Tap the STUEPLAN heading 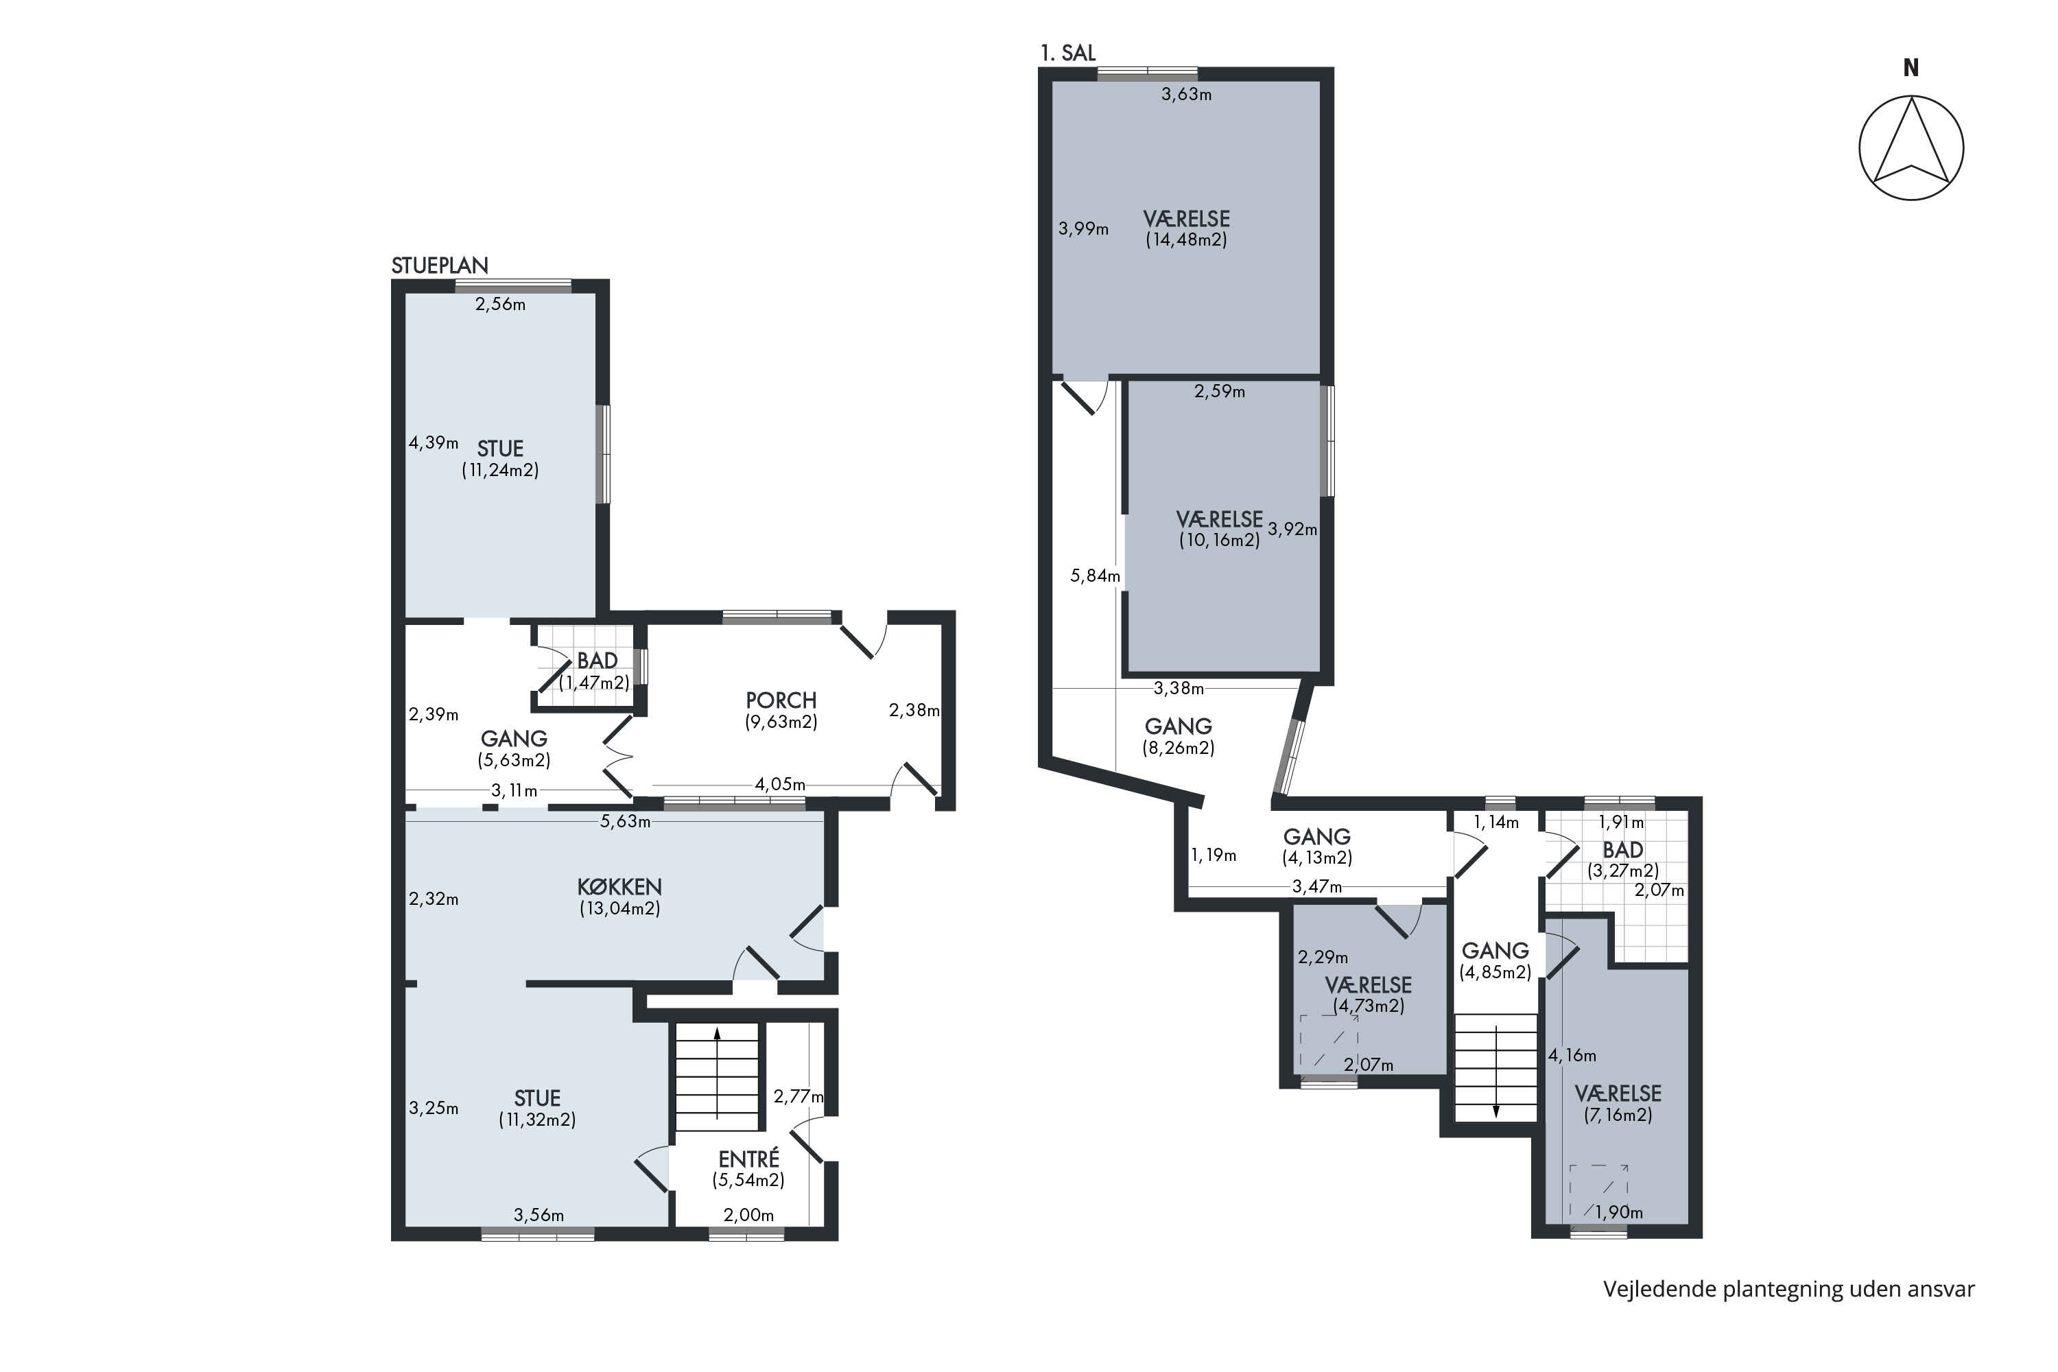tap(439, 265)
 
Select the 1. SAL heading tap(1067, 53)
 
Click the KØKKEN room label tap(619, 886)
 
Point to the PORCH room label tap(781, 700)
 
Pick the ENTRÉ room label tap(748, 1159)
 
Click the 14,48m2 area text tap(1187, 239)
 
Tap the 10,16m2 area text tap(1220, 540)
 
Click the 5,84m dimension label tap(1095, 576)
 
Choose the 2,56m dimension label tap(501, 305)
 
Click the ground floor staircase tap(717, 1077)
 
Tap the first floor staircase tap(1495, 1067)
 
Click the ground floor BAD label tap(597, 661)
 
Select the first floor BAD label tap(1622, 850)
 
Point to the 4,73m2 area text tap(1369, 1006)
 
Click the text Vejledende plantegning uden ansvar tap(1788, 1289)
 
